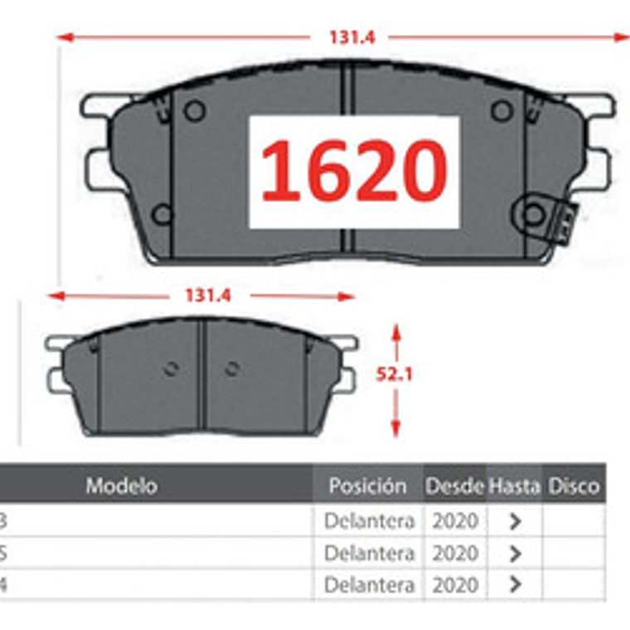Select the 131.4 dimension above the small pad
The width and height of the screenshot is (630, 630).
[207, 295]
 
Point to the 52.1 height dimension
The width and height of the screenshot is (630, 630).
[395, 374]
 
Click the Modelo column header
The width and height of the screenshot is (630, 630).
[122, 486]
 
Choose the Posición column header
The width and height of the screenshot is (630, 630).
[367, 486]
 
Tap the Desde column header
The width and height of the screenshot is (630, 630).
[454, 486]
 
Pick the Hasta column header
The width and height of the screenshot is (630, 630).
[514, 486]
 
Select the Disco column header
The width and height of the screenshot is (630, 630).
[574, 486]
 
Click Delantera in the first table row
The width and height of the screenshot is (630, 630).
[369, 521]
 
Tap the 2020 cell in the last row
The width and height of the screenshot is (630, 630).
[455, 584]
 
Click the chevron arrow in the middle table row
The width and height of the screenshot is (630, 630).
[515, 553]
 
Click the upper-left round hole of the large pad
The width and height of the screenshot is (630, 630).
[195, 110]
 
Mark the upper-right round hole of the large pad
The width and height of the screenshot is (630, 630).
[501, 110]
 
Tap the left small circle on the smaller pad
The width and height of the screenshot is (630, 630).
[171, 370]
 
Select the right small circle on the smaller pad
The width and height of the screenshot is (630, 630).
[232, 370]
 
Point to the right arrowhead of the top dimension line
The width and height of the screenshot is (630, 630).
[623, 37]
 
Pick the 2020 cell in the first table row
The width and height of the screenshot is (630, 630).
[455, 521]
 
